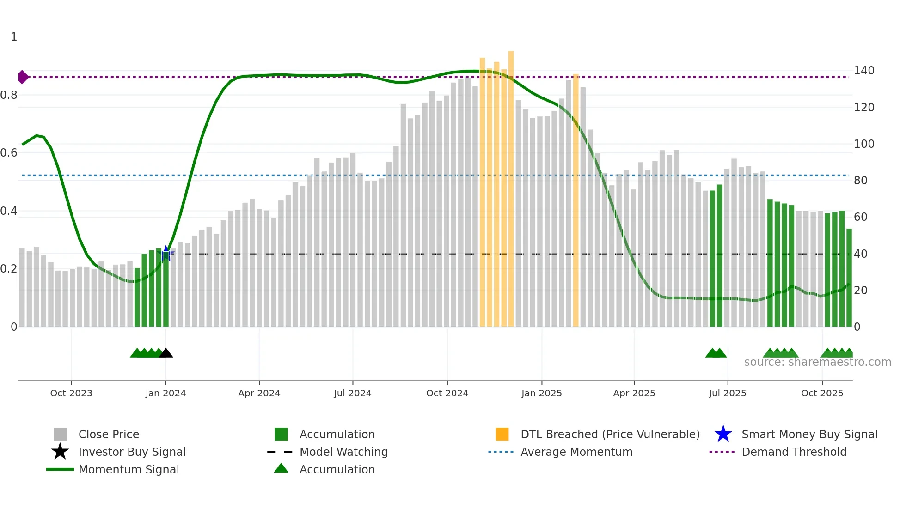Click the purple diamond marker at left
tap(23, 77)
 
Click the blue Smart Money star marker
tap(166, 253)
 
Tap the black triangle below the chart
tap(166, 353)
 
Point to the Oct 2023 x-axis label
tap(71, 393)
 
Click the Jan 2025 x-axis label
tap(541, 393)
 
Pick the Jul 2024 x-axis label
tap(353, 393)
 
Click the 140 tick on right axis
tap(863, 71)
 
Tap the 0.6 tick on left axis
tap(9, 153)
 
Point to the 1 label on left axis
tap(14, 37)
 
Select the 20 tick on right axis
tap(860, 291)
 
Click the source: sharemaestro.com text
tap(817, 362)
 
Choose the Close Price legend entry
tap(109, 434)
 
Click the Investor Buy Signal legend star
tap(60, 452)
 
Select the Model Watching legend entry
tap(343, 452)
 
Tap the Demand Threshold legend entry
tap(794, 452)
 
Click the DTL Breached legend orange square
tap(502, 434)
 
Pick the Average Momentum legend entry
tap(576, 452)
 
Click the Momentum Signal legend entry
tap(129, 469)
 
